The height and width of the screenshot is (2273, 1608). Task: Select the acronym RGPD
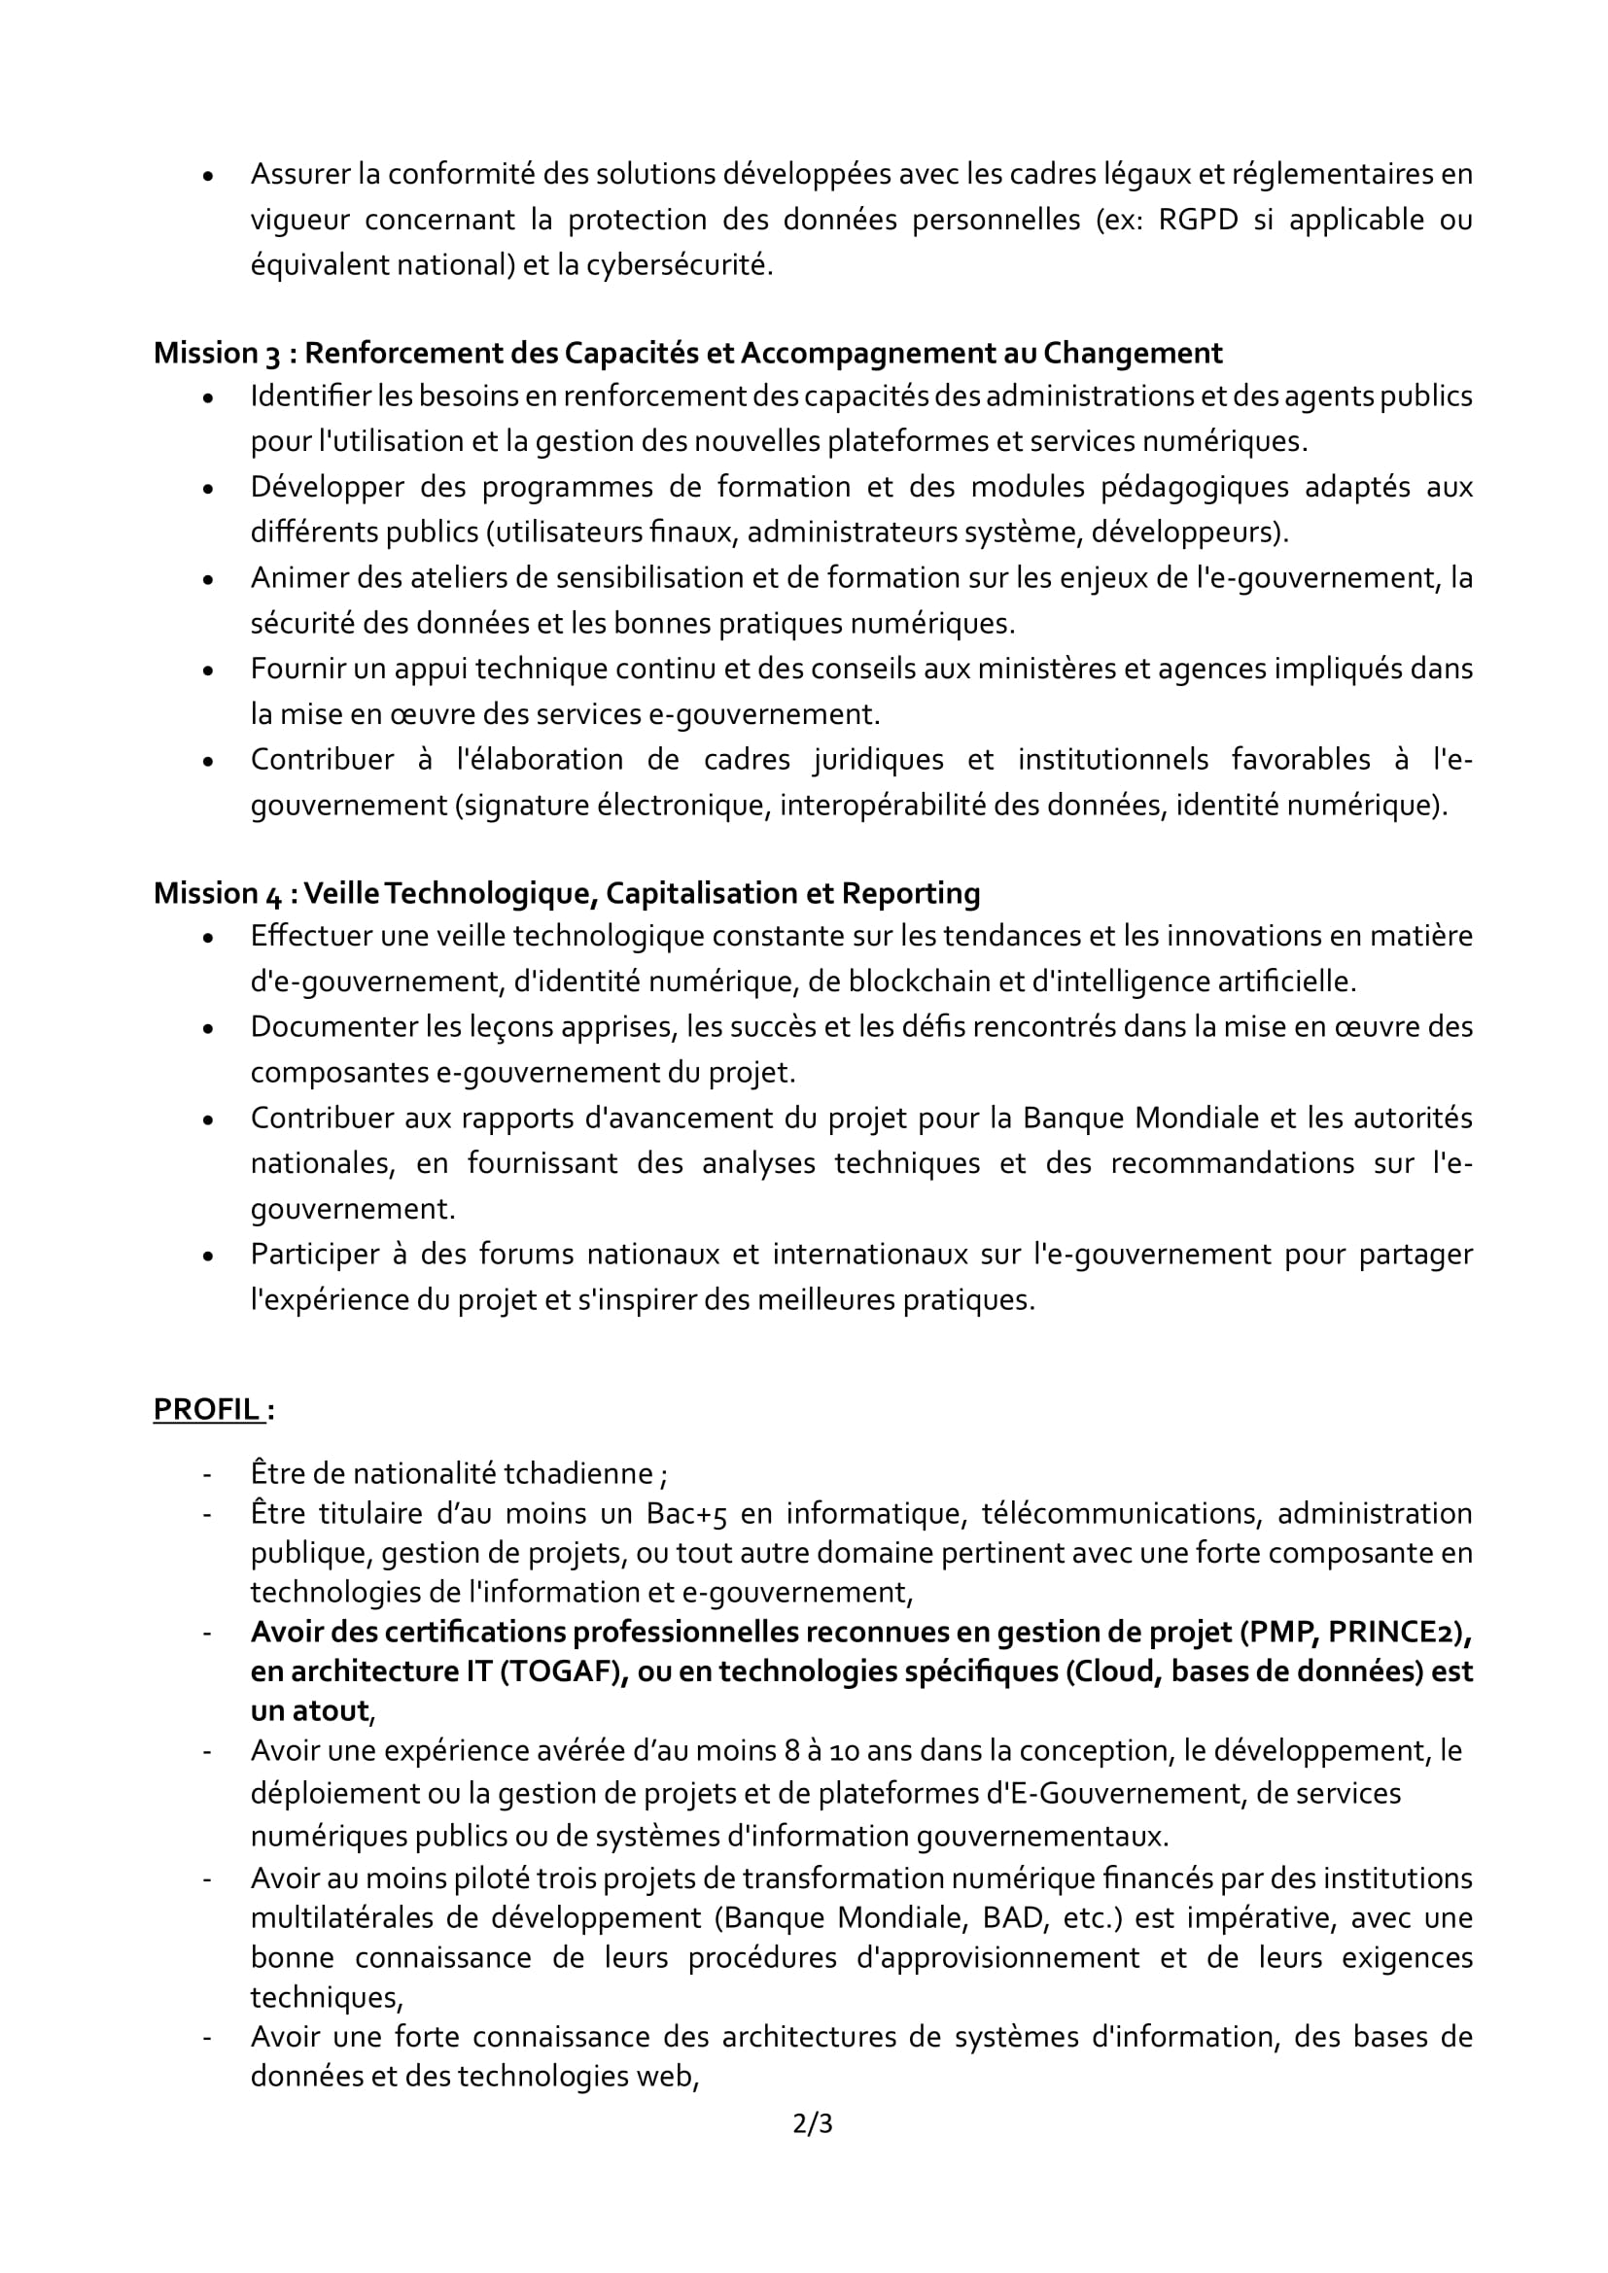tap(1197, 219)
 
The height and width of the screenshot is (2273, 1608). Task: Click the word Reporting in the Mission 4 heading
tap(910, 893)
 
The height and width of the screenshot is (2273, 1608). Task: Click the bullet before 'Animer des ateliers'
tap(207, 579)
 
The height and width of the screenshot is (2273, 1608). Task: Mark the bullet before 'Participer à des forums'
tap(207, 1257)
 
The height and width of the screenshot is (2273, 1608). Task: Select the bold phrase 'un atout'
tap(309, 1710)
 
